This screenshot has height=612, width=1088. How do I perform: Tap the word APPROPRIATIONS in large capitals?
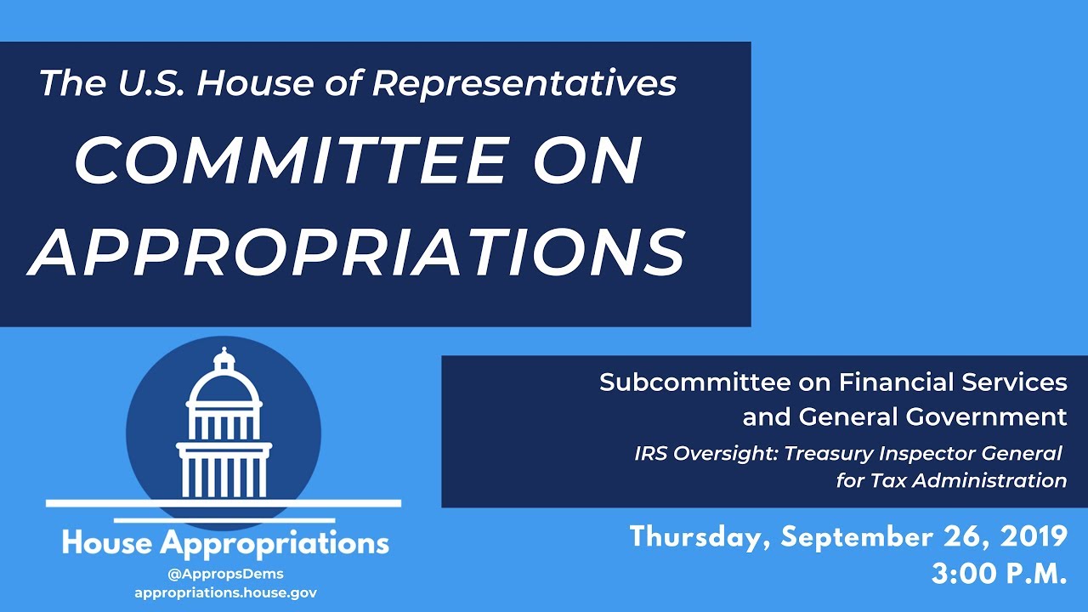point(356,252)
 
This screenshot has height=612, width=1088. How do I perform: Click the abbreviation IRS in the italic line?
point(651,453)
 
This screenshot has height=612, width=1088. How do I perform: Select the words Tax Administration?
point(969,480)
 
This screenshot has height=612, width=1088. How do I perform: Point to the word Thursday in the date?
point(699,537)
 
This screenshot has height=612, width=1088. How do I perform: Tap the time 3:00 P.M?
point(999,574)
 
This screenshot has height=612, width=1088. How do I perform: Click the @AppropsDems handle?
point(225,574)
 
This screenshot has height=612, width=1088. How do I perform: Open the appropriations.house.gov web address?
point(225,592)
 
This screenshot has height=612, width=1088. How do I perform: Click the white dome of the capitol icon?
point(224,391)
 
